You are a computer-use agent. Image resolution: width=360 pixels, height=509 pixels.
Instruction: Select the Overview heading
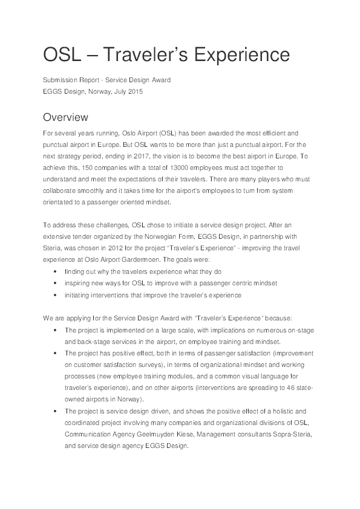click(66, 117)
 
